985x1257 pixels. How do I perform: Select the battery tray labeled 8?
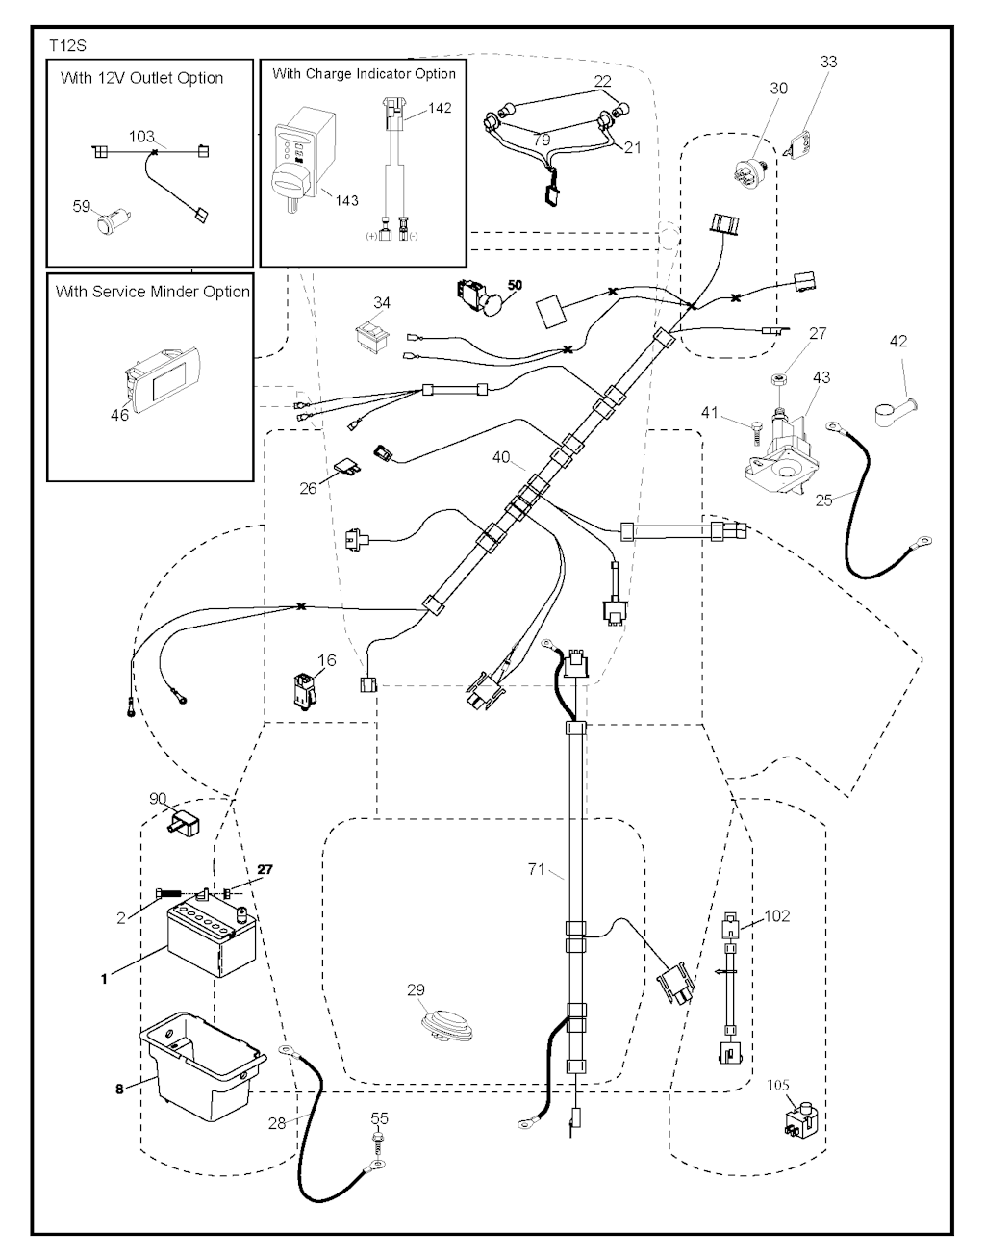tap(201, 1063)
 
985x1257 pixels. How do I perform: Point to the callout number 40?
tap(501, 458)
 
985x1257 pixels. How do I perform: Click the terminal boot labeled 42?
tap(891, 412)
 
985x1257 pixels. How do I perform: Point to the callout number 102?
tap(776, 915)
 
